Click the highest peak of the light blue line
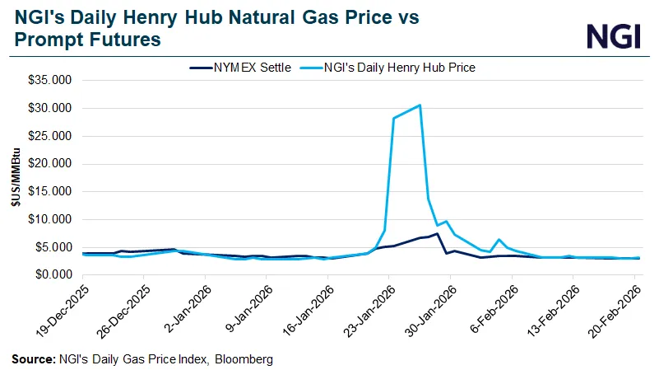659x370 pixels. tap(420, 105)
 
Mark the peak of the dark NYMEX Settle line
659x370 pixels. tap(438, 234)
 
